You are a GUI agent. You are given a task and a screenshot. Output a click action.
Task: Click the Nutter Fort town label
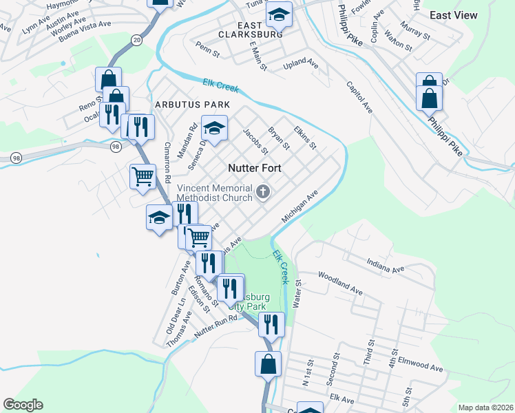[254, 168]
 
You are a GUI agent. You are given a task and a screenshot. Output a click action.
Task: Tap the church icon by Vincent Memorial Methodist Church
[262, 192]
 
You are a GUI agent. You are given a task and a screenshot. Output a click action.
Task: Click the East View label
[454, 15]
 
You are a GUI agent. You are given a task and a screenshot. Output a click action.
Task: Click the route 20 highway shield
[137, 41]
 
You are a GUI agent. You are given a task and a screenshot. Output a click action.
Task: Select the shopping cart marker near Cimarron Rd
[143, 176]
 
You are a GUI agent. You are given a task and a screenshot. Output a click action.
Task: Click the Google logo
[23, 405]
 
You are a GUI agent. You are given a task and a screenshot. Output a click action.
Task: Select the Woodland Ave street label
[340, 283]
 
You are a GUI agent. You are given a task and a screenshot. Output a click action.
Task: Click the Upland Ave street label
[302, 64]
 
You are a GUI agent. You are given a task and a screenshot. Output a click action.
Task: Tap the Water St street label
[298, 293]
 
